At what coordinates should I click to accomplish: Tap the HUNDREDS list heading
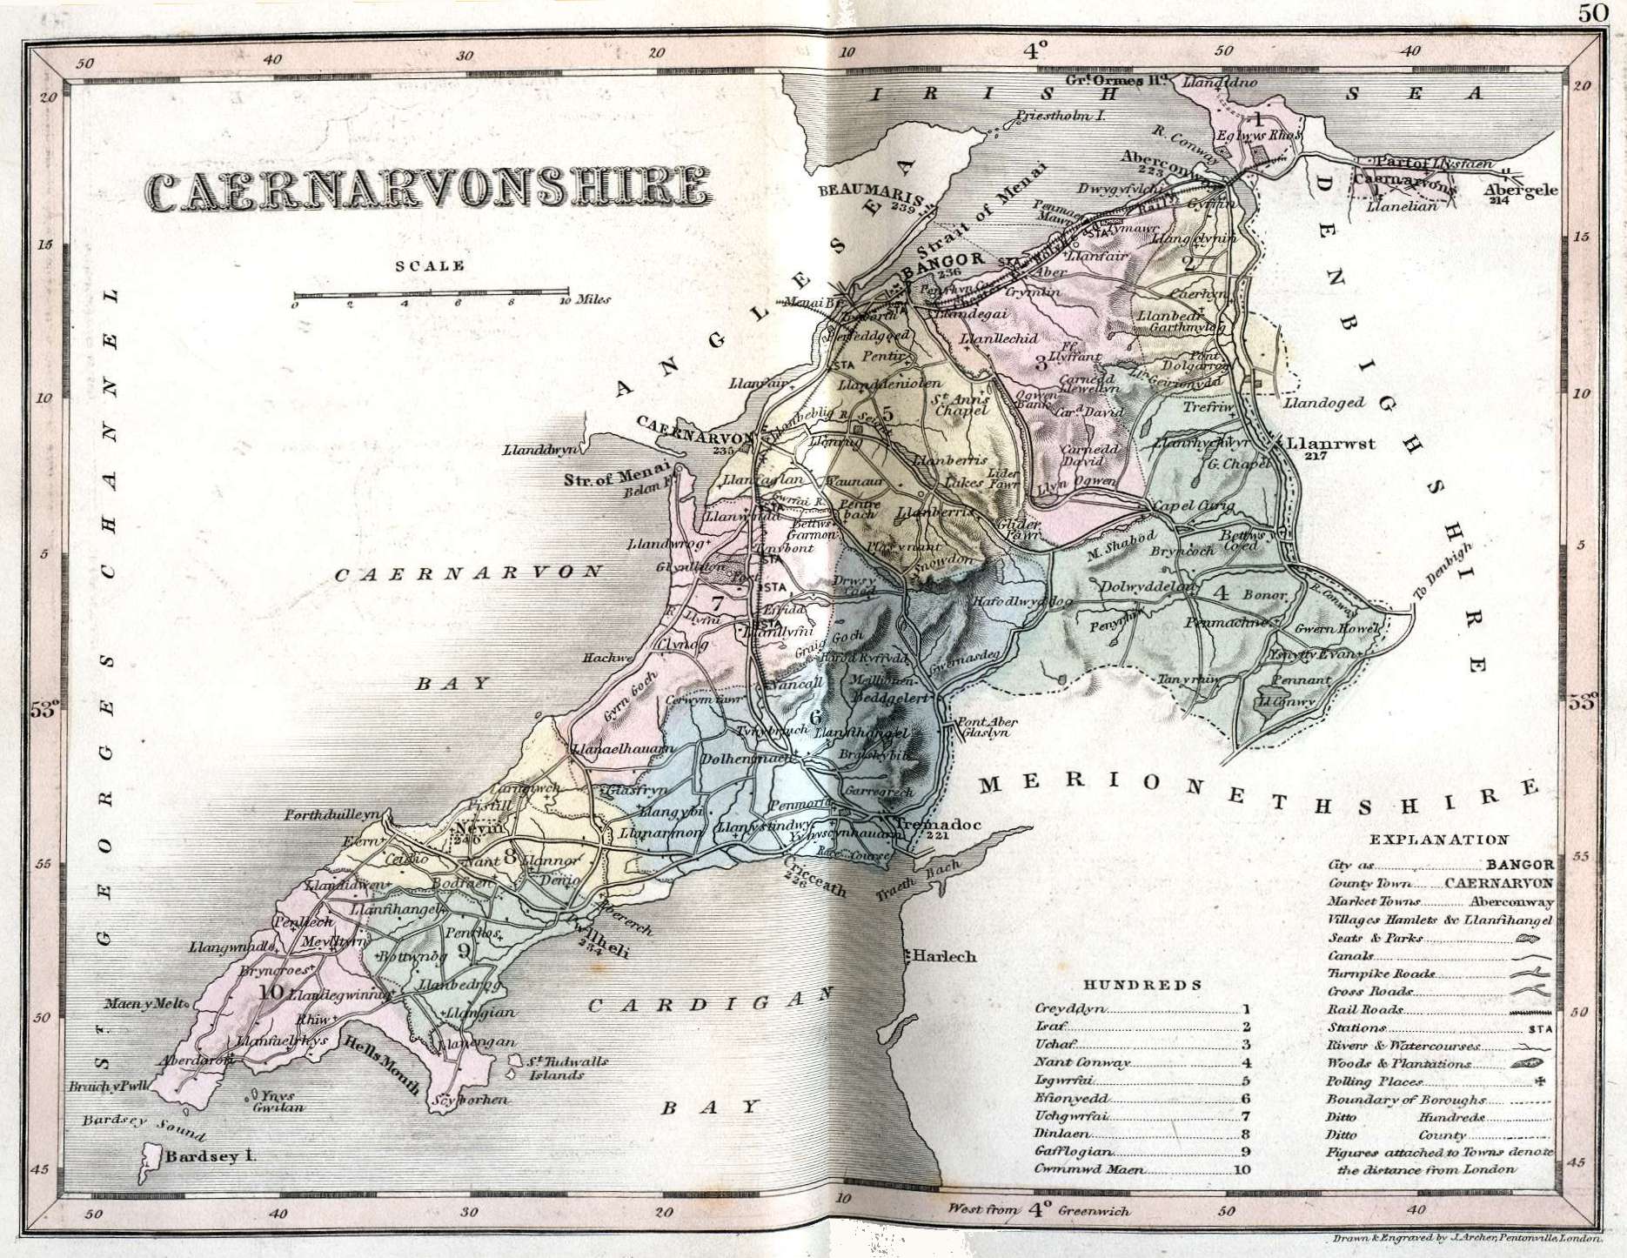pos(1142,984)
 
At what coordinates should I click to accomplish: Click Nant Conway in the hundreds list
pos(1081,1063)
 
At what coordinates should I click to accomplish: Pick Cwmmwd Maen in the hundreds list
pos(1089,1169)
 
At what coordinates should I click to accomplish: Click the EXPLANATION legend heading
pos(1438,840)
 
